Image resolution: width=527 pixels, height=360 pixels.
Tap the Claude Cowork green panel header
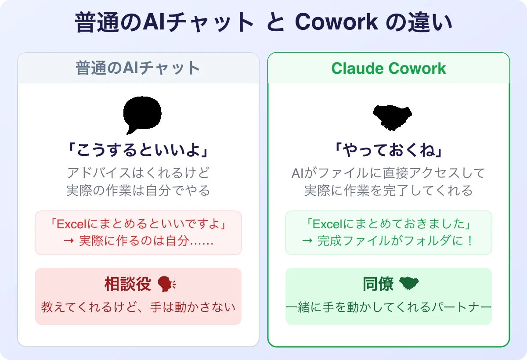point(389,68)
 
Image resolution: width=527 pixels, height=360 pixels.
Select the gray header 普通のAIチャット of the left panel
point(138,68)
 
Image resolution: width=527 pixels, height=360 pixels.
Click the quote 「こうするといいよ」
point(138,151)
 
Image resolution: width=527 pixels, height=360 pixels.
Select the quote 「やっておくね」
point(388,151)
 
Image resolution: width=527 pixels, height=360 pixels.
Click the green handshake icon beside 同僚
point(409,284)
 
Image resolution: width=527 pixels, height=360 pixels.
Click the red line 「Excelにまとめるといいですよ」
point(138,224)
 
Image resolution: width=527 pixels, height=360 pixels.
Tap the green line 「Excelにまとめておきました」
point(388,224)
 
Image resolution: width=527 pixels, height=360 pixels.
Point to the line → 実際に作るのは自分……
point(138,241)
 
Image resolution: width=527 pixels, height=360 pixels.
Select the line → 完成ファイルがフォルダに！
point(388,241)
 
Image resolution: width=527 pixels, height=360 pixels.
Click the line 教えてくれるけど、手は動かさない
point(138,307)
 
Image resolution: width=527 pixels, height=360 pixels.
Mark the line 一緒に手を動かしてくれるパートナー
point(388,307)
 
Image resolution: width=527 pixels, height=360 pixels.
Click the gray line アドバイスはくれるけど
point(138,173)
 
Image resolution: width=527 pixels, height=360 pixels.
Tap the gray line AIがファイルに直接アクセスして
point(388,173)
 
